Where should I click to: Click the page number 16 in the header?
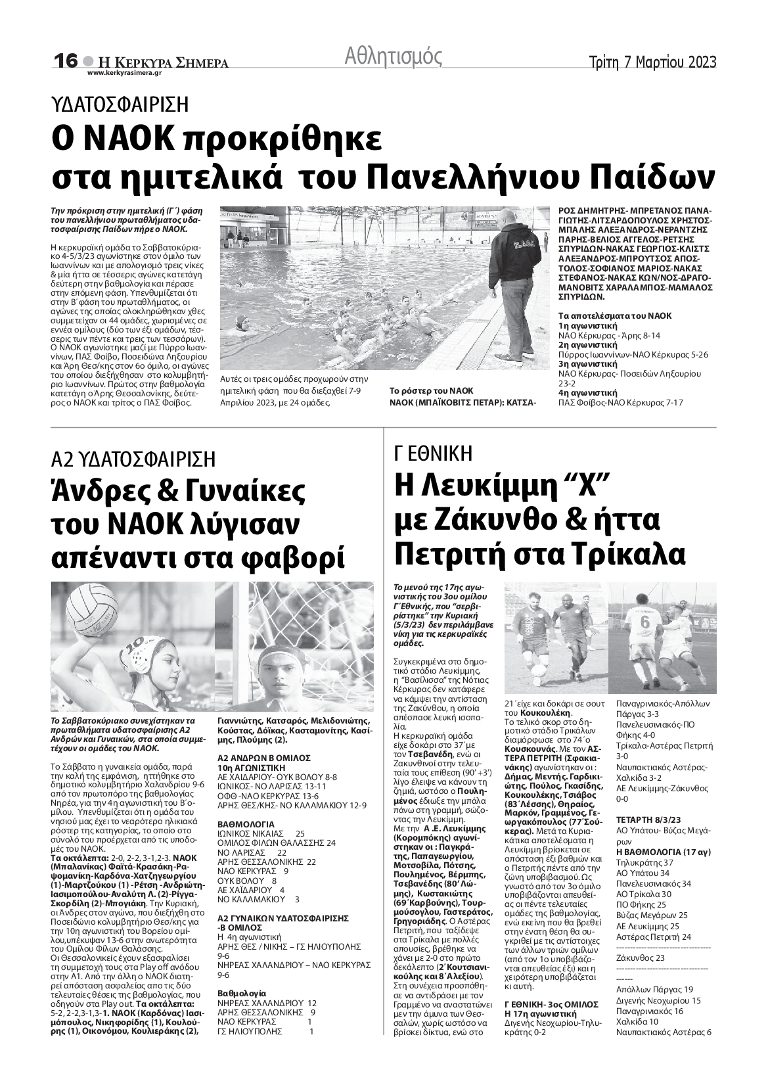[x=66, y=60]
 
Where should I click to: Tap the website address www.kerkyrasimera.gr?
[x=124, y=73]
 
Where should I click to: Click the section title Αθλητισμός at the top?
[x=393, y=57]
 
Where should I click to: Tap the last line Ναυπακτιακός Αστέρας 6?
[x=664, y=1032]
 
